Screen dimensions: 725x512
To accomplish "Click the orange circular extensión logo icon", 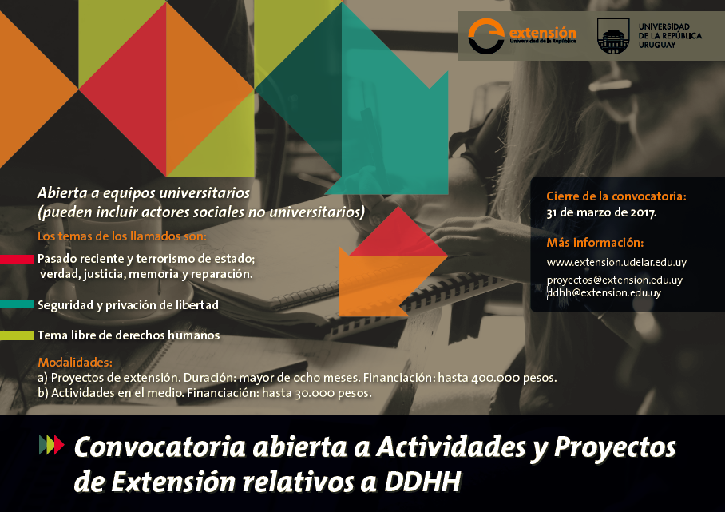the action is coord(486,36).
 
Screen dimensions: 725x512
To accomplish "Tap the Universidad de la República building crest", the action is coord(613,36).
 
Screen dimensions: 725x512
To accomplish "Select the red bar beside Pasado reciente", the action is coord(17,259).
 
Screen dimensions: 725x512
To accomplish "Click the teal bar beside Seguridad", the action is coord(17,304).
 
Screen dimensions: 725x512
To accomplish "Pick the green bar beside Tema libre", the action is coord(17,335).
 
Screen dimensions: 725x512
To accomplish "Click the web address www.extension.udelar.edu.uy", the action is coord(616,262).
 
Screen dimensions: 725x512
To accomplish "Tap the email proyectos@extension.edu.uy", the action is coord(615,280).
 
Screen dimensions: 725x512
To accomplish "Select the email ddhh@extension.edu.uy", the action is coord(604,293).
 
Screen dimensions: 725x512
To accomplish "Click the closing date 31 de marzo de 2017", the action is coord(601,212).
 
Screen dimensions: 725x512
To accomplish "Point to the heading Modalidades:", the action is coord(75,362).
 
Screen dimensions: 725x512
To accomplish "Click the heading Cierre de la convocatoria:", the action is coord(616,196).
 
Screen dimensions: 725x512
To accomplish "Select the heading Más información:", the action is coord(595,242).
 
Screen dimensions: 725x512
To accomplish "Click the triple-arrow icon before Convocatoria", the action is coord(51,444).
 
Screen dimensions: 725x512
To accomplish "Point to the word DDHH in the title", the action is coord(422,482).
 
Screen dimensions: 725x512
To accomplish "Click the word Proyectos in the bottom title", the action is coord(615,448).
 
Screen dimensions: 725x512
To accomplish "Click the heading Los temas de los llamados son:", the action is coord(122,236).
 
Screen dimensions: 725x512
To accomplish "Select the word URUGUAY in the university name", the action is coord(657,45).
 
